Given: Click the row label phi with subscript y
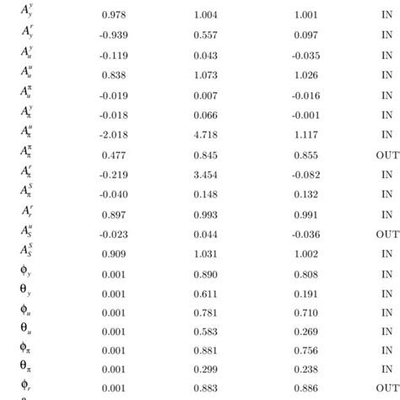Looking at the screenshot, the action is [25, 273].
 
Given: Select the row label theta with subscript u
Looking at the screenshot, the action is [25, 332].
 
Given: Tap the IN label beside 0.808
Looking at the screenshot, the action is [387, 273].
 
